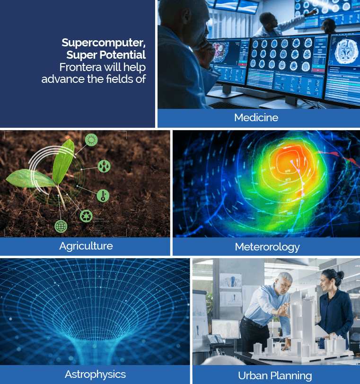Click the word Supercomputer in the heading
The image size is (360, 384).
click(104, 43)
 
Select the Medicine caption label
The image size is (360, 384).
click(256, 117)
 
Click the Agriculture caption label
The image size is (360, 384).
click(86, 246)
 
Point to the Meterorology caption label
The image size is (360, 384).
click(267, 247)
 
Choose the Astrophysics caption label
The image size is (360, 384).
click(95, 375)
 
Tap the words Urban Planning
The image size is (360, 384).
click(275, 375)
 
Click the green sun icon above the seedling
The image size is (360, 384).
click(91, 140)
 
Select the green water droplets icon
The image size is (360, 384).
click(104, 166)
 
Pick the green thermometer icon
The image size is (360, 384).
click(103, 196)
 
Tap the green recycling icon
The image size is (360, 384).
click(86, 216)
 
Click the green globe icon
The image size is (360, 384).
click(61, 226)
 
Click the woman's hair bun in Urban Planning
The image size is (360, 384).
click(340, 275)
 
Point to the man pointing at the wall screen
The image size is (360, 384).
click(272, 25)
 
